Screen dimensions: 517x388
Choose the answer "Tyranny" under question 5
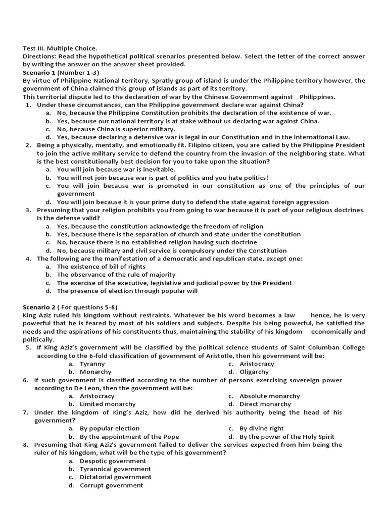(92, 364)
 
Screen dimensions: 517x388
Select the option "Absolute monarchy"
(269, 396)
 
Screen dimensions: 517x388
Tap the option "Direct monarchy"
(265, 404)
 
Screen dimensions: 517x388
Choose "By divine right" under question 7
(261, 428)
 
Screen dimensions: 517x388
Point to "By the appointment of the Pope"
(129, 436)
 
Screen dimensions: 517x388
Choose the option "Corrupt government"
(111, 485)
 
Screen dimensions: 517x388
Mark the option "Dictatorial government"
(115, 477)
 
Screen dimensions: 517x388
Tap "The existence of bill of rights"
(101, 267)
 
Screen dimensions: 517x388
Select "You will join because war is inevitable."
(116, 170)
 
